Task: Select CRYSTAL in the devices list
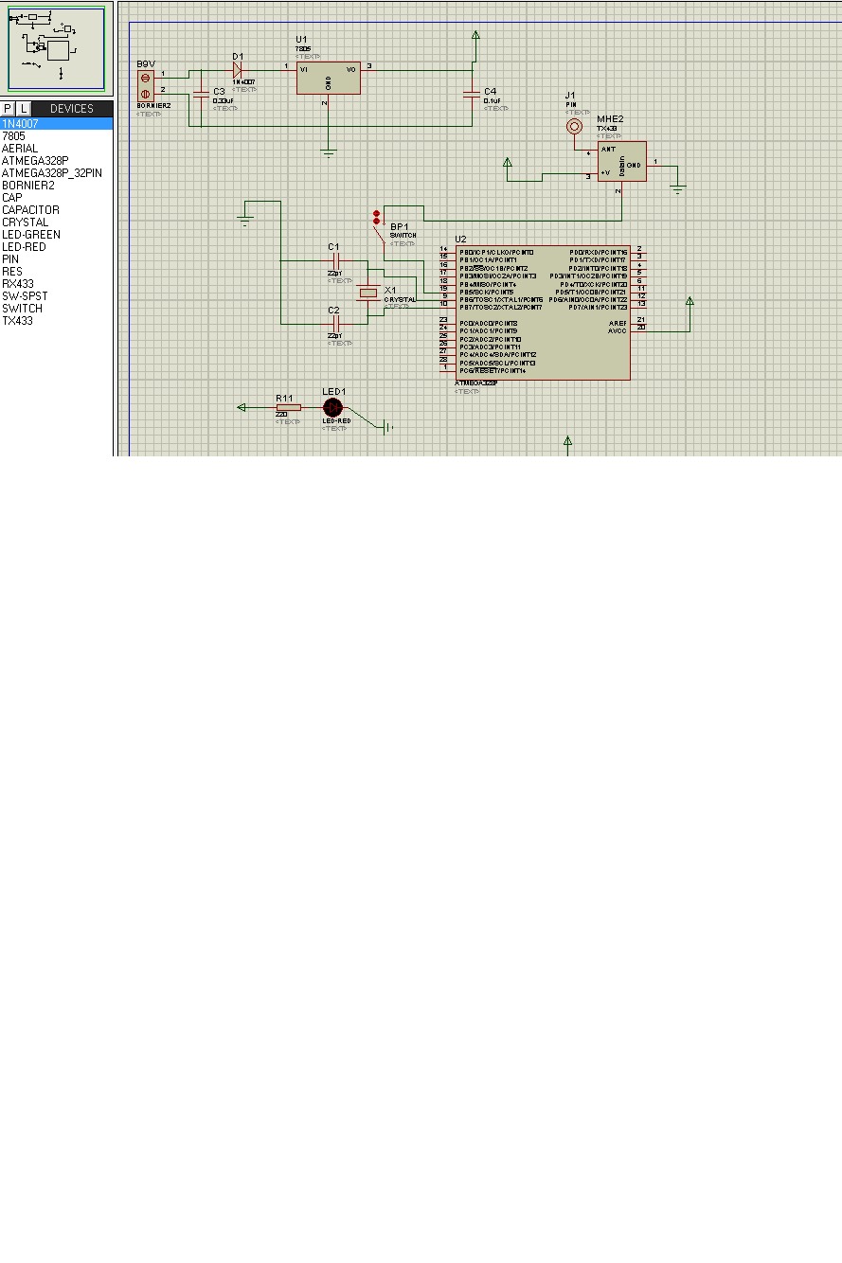[25, 222]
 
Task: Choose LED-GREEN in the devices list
[30, 235]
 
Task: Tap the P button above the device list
[8, 109]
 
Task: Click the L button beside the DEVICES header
[24, 109]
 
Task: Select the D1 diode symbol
[238, 67]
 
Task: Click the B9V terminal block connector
[145, 85]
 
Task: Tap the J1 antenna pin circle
[573, 126]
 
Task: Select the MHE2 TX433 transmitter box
[621, 162]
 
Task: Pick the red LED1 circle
[332, 407]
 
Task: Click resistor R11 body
[288, 407]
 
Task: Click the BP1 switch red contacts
[376, 217]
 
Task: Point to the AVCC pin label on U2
[617, 330]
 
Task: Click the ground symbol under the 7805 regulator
[329, 151]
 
